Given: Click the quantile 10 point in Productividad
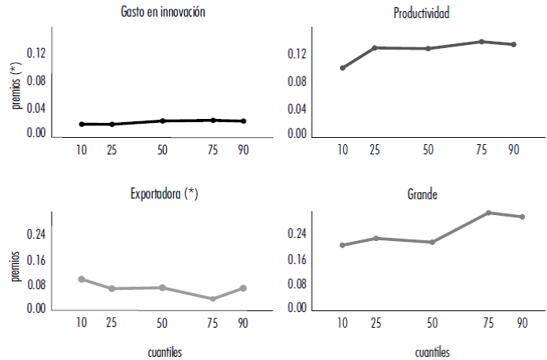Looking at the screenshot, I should click(342, 68).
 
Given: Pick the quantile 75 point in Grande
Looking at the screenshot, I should click(489, 213).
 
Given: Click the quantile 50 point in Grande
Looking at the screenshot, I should click(431, 242).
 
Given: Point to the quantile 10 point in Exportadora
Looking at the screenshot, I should click(81, 279).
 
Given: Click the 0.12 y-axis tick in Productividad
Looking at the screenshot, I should click(296, 54).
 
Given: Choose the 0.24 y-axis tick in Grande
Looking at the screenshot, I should click(296, 234).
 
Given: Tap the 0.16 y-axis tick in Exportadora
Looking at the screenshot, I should click(35, 259).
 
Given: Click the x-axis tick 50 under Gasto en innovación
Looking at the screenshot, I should click(161, 150).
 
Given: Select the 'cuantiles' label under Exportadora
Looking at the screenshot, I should click(165, 351).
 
